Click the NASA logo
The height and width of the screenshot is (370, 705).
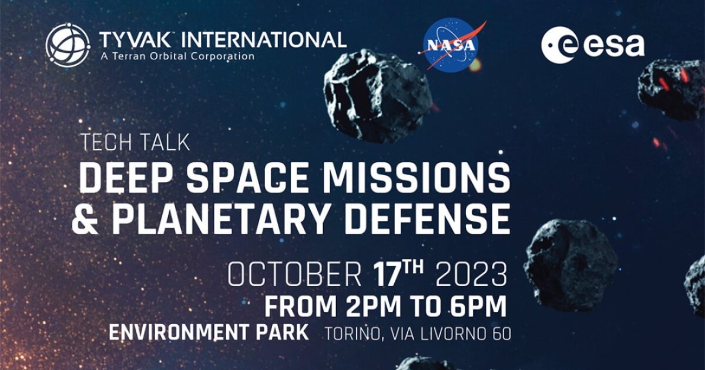click(x=451, y=45)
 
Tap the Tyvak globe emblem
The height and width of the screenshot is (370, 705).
click(x=68, y=45)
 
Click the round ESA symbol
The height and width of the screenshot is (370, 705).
click(x=560, y=45)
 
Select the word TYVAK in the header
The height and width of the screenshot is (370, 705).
click(x=135, y=39)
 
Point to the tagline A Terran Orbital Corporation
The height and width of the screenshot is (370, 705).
click(x=177, y=56)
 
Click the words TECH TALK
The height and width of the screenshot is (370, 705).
click(x=135, y=143)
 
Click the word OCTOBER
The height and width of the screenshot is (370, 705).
click(x=294, y=275)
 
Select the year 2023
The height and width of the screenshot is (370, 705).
click(x=471, y=275)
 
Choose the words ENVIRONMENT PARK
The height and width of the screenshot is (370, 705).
click(x=209, y=332)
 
